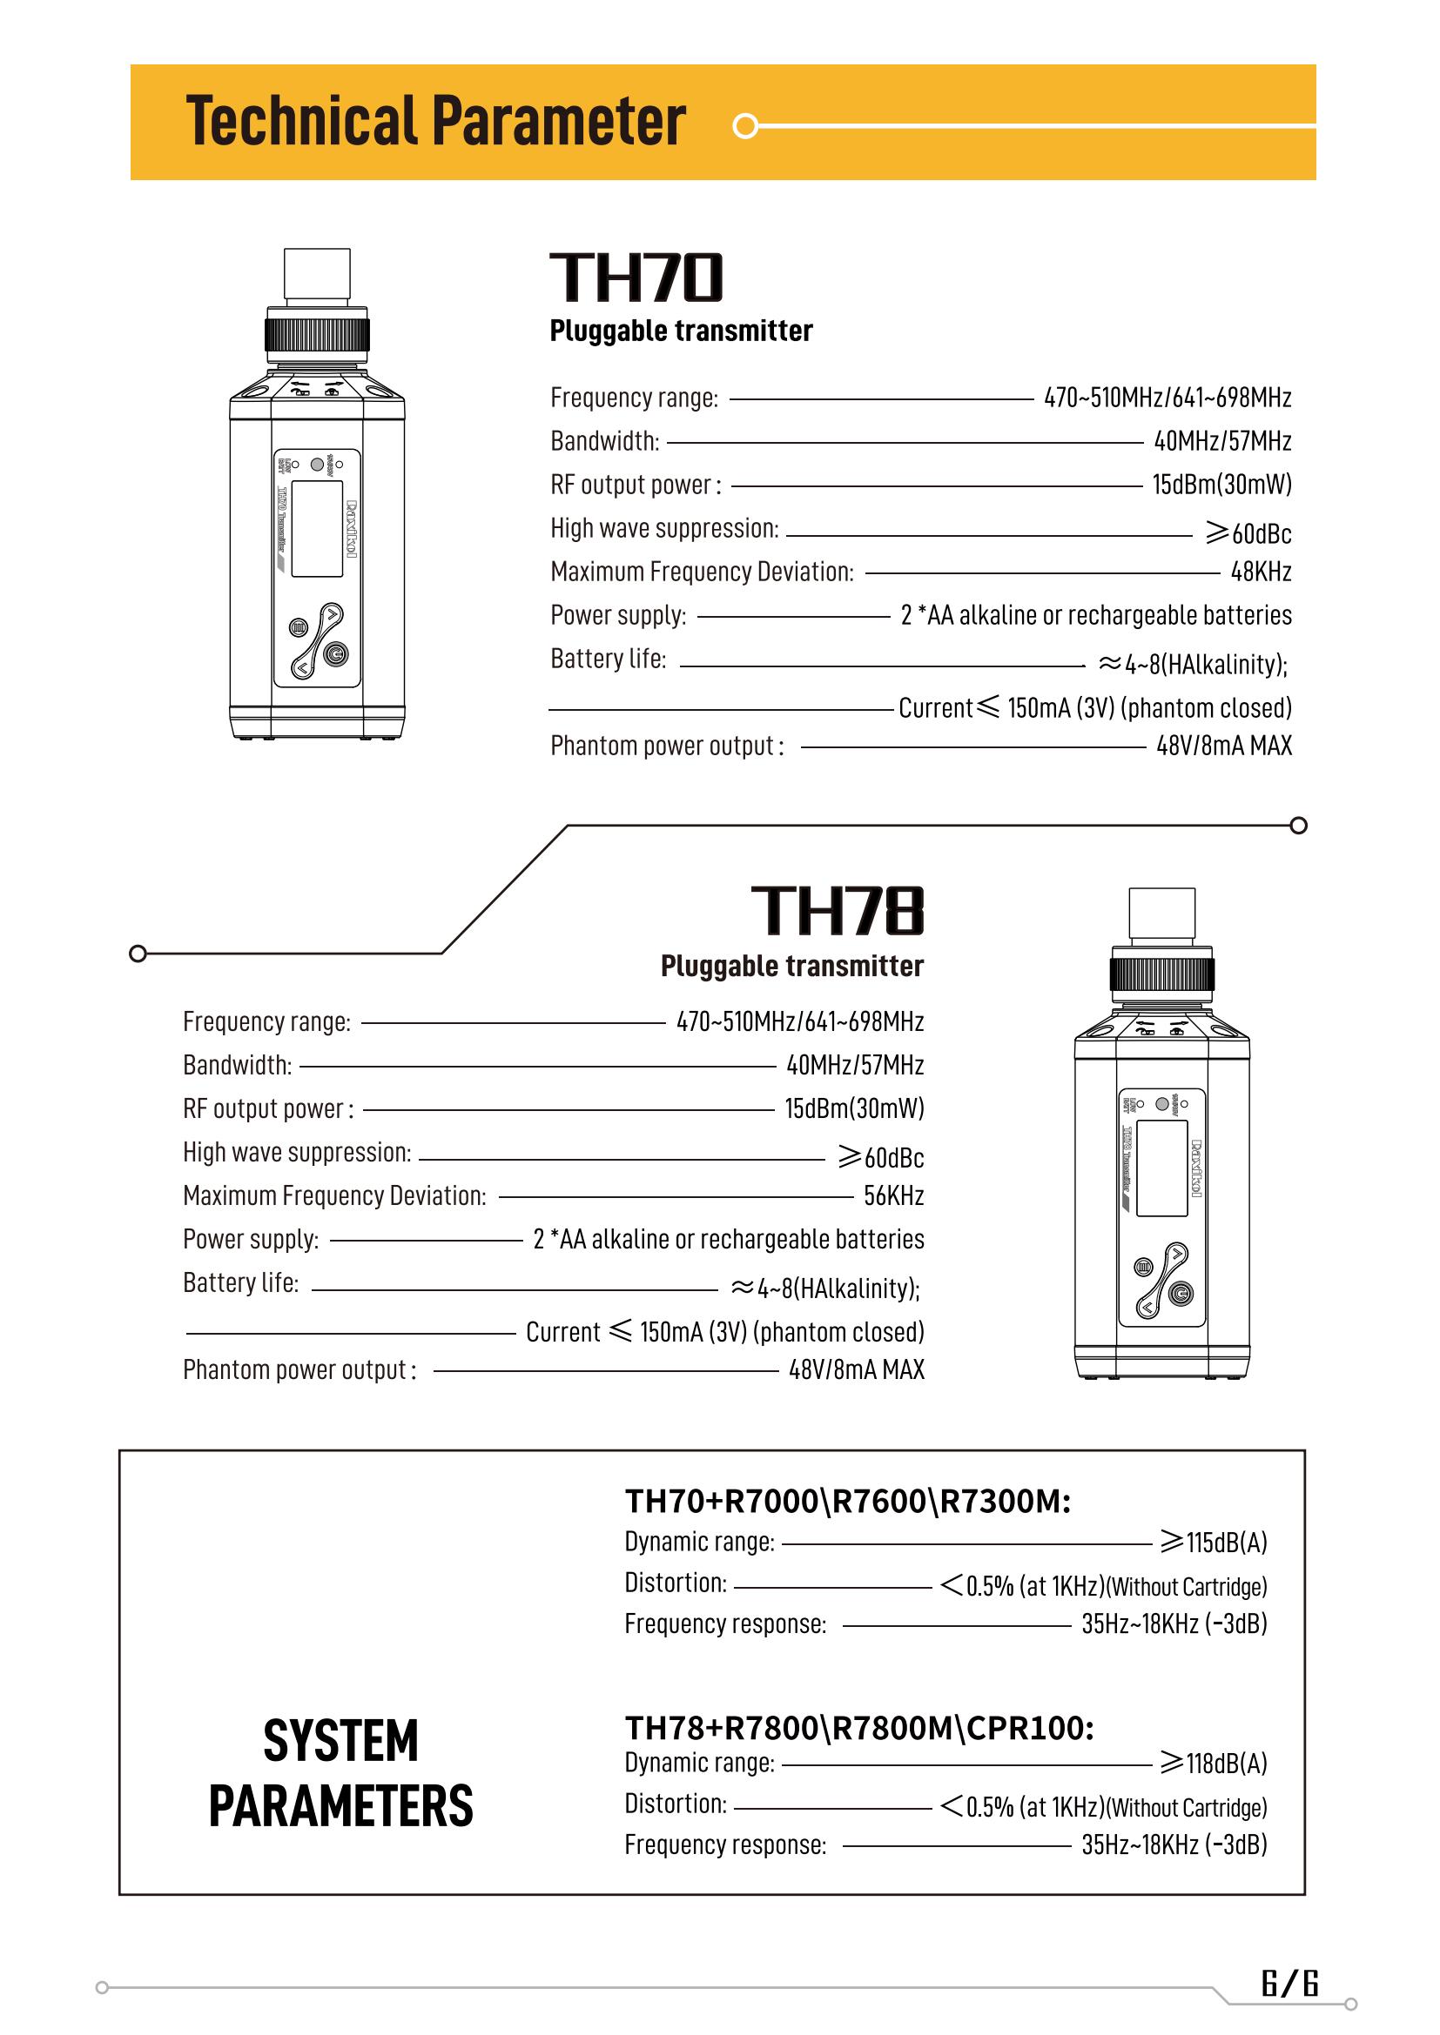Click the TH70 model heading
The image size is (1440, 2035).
coord(636,277)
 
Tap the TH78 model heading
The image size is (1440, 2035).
coord(837,910)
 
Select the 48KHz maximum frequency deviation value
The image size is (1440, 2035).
coord(1260,572)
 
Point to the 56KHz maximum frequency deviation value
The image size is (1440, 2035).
coord(894,1195)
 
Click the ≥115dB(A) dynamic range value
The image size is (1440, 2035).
coord(1214,1543)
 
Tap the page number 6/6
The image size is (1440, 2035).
coord(1290,1982)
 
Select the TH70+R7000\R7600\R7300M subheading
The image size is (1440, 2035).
coord(848,1502)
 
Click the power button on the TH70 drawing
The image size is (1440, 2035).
coord(334,655)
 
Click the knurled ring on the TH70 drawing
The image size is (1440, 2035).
coord(318,336)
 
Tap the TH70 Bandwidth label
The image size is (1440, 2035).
coord(605,441)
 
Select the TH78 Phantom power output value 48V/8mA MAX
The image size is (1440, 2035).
coord(857,1369)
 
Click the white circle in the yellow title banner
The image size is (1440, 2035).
coord(747,127)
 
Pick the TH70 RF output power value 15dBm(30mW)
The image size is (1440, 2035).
coord(1221,485)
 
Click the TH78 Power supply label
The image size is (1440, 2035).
coord(250,1239)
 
